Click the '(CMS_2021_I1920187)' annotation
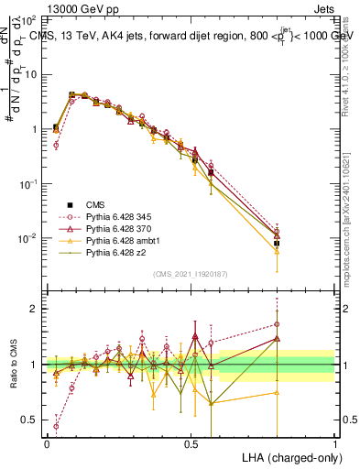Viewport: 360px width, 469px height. (191, 274)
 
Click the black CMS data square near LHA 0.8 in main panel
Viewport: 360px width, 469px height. (278, 243)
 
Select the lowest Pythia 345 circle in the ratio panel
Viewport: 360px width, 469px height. (56, 426)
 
